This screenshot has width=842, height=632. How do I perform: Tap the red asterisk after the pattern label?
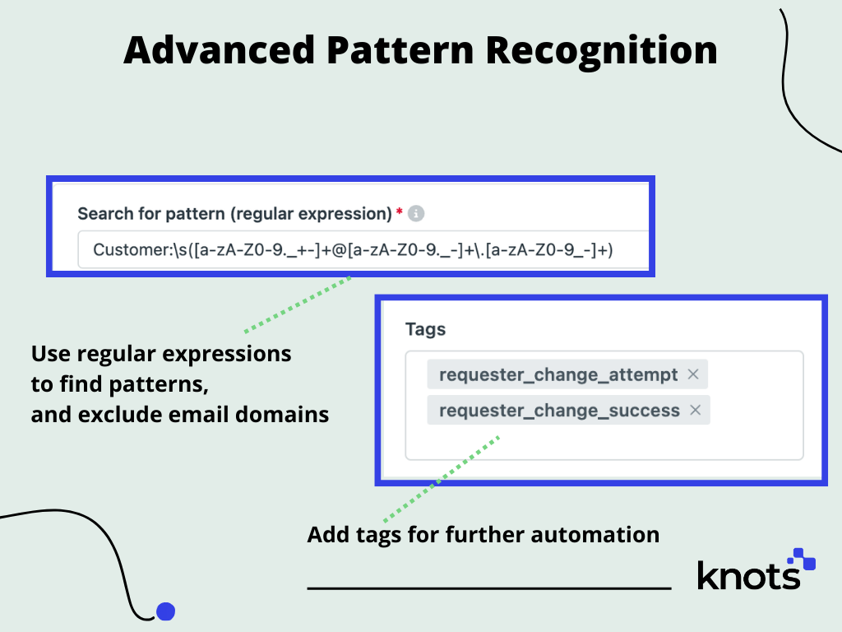tap(400, 213)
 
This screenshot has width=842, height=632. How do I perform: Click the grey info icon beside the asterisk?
tap(416, 214)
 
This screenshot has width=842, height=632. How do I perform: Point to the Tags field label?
tap(425, 329)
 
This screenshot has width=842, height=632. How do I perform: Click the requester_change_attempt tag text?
tap(557, 374)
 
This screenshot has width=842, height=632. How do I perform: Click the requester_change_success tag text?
tap(559, 410)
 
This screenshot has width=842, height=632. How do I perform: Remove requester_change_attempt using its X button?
tap(692, 374)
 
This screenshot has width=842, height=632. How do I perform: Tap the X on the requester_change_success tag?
tap(695, 410)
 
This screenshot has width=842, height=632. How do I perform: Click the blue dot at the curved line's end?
tap(166, 611)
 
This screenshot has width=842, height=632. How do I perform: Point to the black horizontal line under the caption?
tap(489, 588)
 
